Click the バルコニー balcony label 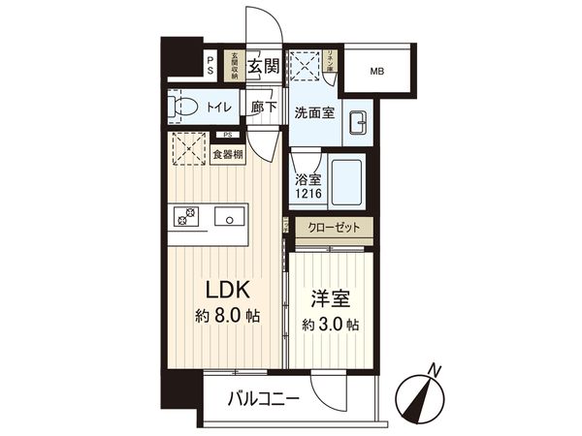tap(264, 398)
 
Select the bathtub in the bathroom tap(346, 182)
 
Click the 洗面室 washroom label tap(316, 111)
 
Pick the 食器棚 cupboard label tap(228, 154)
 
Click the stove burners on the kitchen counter tap(184, 217)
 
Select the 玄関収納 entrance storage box tap(233, 66)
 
